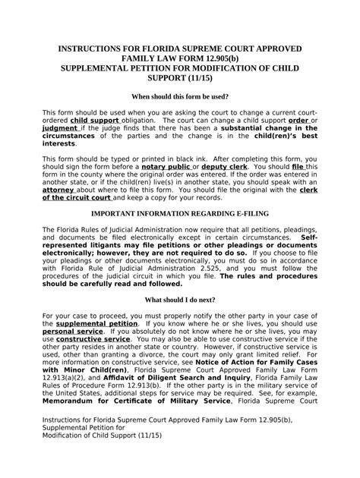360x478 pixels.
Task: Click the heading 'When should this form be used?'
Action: click(180, 97)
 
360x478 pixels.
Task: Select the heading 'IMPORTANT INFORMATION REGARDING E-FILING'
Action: click(180, 214)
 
